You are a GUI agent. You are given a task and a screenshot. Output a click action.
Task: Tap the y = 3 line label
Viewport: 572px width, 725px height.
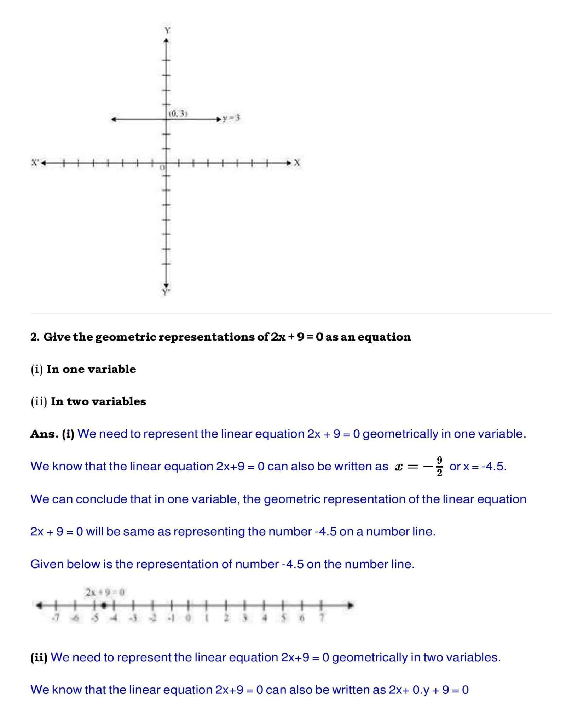click(231, 119)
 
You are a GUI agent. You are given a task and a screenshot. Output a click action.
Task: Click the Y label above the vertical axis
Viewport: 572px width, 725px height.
click(167, 30)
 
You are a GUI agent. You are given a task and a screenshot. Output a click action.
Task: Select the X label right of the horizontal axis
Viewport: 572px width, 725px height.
click(297, 163)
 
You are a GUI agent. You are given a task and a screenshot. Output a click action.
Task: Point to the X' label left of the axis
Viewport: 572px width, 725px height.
click(35, 163)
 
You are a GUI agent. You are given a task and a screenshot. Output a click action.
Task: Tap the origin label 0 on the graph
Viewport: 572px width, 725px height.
click(163, 168)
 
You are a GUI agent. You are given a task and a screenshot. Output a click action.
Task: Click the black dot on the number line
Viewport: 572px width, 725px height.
click(104, 605)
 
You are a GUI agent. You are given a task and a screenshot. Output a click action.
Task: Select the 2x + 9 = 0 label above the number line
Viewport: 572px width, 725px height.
click(105, 592)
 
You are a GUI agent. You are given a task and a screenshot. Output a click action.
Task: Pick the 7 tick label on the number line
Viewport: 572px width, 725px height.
click(322, 618)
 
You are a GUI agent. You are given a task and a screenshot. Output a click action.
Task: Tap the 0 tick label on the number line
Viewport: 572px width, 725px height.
click(188, 618)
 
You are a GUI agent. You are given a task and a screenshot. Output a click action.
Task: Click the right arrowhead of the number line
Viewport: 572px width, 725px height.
click(351, 605)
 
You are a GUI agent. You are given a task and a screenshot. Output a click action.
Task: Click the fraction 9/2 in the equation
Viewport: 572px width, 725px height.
click(439, 467)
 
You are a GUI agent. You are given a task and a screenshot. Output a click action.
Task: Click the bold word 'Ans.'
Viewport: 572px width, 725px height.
click(45, 434)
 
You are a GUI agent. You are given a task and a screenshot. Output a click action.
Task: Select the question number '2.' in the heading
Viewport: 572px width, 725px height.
click(35, 337)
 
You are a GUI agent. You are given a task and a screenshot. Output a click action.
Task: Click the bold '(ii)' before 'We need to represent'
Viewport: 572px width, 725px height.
click(39, 657)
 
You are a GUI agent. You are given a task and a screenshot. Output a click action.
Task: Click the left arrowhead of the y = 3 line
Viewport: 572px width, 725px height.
click(114, 119)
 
